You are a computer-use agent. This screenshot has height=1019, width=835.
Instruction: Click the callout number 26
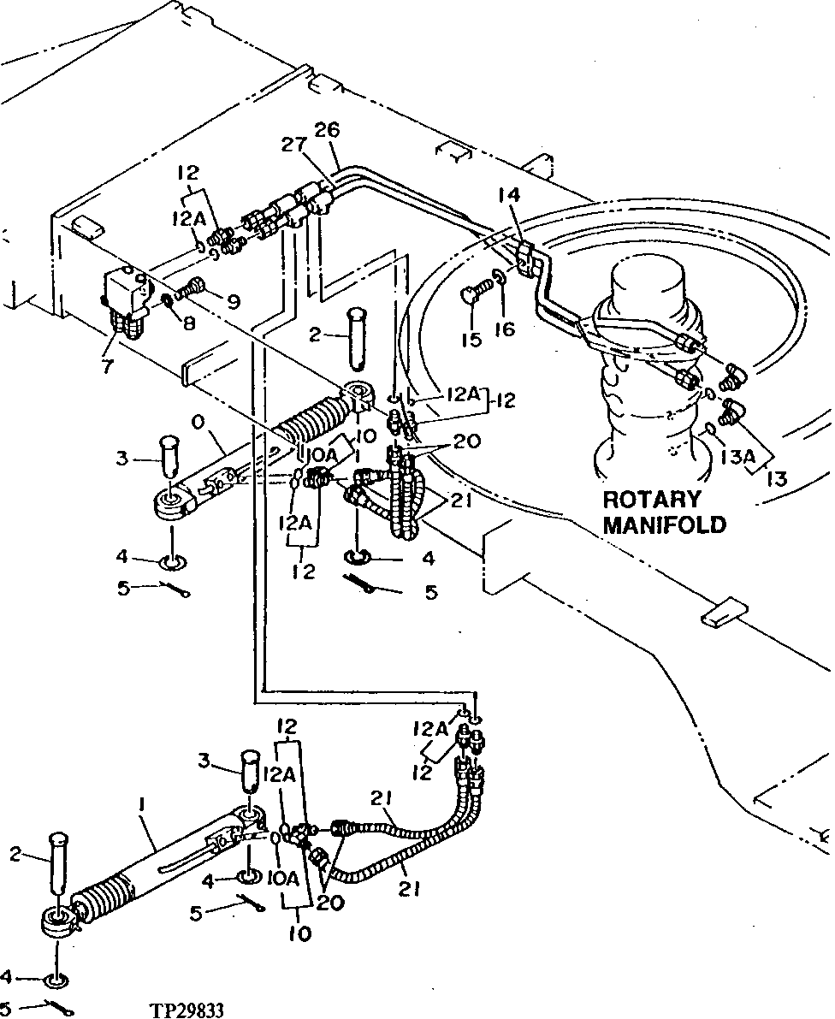(326, 130)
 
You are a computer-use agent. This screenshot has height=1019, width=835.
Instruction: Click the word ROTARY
(652, 499)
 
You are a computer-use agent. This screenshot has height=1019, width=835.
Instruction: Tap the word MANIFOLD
(664, 524)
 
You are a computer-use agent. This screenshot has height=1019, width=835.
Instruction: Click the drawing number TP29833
(187, 1010)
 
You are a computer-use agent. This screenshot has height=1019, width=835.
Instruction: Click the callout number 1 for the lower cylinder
(140, 805)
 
